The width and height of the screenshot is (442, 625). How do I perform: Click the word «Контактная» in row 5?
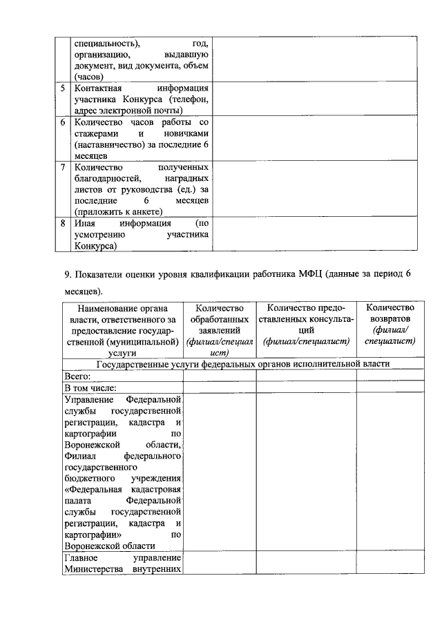pos(97,89)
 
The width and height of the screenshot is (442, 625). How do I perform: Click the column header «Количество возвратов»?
pos(390,325)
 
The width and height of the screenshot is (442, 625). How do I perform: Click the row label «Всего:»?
pos(78,376)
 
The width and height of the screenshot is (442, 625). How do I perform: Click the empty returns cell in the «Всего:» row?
pos(390,376)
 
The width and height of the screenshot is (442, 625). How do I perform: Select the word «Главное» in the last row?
pos(81,557)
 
